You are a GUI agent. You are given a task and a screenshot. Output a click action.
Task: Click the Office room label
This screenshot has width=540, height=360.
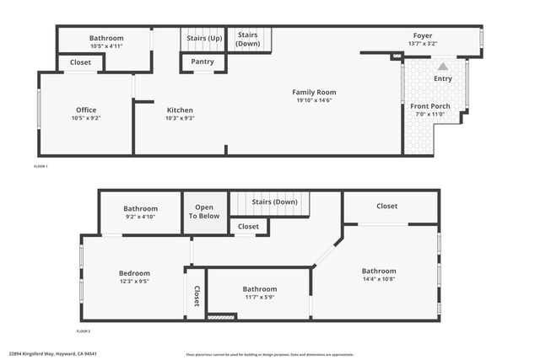pos(86,110)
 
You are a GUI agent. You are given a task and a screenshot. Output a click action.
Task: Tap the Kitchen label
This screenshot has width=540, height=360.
pos(180,110)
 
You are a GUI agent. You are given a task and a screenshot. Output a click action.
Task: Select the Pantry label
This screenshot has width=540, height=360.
pos(202,62)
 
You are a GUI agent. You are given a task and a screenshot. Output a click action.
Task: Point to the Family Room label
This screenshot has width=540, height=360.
pos(314,92)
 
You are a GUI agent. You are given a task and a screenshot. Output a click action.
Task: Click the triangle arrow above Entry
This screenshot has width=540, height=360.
pos(443,66)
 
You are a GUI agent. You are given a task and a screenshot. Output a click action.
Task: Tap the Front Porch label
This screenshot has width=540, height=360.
pos(430,106)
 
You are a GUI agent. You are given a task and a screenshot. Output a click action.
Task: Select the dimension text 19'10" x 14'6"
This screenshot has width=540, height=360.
pos(314,100)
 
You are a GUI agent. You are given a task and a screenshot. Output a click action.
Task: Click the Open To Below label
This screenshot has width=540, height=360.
pos(204,212)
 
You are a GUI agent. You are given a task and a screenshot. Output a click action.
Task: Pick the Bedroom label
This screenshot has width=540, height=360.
pos(134,273)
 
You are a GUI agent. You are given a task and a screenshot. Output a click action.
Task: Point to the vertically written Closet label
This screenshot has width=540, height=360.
pos(197,296)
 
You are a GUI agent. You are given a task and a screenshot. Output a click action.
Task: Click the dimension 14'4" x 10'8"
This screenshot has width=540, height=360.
pos(379,279)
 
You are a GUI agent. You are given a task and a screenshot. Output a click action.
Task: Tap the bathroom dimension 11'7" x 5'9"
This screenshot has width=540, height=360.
pos(259,297)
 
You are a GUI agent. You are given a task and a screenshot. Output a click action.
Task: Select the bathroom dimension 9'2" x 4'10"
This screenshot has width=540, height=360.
pos(140,217)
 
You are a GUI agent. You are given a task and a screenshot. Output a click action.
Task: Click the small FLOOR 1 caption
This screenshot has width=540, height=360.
pos(40,166)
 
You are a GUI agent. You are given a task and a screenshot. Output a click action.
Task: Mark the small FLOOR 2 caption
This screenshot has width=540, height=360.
pos(83,331)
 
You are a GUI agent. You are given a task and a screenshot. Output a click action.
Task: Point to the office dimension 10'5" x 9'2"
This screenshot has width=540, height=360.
pos(86,118)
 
